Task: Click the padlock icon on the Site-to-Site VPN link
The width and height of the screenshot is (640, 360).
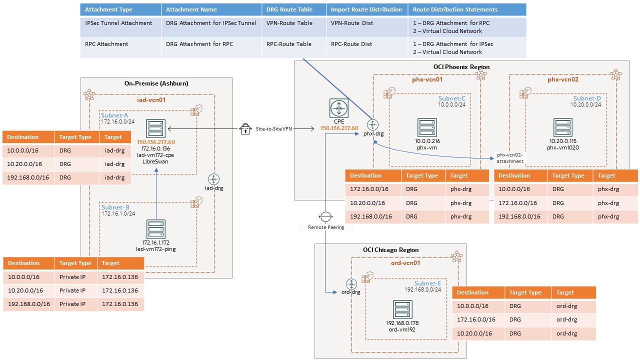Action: [x=245, y=129]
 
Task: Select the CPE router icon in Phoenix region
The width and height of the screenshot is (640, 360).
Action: [x=339, y=108]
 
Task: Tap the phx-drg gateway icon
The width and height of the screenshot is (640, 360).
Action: [x=372, y=125]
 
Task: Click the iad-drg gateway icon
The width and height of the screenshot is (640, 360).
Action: [x=214, y=179]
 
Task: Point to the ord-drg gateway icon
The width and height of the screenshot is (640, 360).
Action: [x=350, y=283]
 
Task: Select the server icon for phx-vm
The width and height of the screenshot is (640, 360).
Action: [x=427, y=127]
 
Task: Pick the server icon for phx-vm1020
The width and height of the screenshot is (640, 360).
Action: [x=562, y=128]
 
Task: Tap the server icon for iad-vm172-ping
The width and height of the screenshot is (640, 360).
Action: [x=156, y=229]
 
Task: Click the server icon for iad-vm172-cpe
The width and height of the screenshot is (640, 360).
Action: [x=156, y=128]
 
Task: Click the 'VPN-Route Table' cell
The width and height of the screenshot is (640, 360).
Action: [x=289, y=23]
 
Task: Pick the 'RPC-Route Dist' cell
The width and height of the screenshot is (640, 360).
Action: [x=351, y=44]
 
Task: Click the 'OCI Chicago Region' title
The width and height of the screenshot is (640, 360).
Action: [x=390, y=250]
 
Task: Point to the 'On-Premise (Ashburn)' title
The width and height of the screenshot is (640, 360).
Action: [x=156, y=83]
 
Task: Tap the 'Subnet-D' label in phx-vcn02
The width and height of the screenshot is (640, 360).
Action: [x=587, y=98]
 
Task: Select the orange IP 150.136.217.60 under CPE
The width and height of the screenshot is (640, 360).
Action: [x=339, y=128]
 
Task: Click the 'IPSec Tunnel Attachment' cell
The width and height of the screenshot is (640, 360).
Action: [x=118, y=23]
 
